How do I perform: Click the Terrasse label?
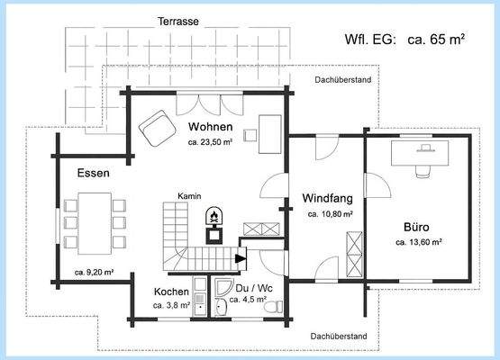[178, 22]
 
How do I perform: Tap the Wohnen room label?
[211, 127]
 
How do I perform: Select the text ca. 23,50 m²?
[210, 142]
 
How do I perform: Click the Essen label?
[93, 173]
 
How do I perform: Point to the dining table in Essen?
[95, 223]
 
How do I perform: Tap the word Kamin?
[189, 196]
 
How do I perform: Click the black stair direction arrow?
[241, 258]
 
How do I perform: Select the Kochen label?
[171, 292]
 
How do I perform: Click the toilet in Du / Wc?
[274, 307]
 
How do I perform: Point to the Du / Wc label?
[254, 288]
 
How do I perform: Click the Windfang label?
[328, 198]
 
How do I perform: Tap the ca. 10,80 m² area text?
[330, 214]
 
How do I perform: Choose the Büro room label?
[416, 227]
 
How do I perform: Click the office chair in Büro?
[423, 171]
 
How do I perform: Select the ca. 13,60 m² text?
[418, 242]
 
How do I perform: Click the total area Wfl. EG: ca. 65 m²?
[405, 40]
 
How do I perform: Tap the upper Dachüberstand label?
[343, 79]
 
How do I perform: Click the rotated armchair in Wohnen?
[158, 128]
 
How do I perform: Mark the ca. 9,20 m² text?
[95, 273]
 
